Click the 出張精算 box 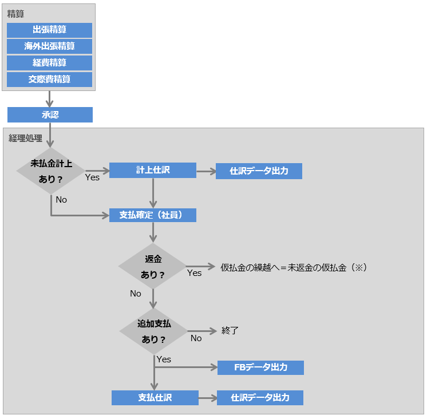point(50,30)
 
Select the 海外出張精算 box point(50,46)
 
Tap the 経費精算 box point(50,63)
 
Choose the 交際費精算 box point(50,80)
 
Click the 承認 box point(50,114)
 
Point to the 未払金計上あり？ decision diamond point(51,171)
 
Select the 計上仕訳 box point(153,170)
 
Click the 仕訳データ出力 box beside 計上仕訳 point(259,171)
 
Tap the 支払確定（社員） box point(153,215)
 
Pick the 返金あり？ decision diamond point(153,267)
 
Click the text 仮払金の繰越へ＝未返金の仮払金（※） point(293,267)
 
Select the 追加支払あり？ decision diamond point(153,331)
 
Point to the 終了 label point(230,330)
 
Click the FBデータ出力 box point(260,367)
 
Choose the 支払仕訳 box point(155,397)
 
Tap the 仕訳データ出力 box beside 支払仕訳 point(260,397)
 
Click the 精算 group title point(15,13)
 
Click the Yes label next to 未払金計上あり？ point(92,177)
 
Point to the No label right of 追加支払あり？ point(196,338)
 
